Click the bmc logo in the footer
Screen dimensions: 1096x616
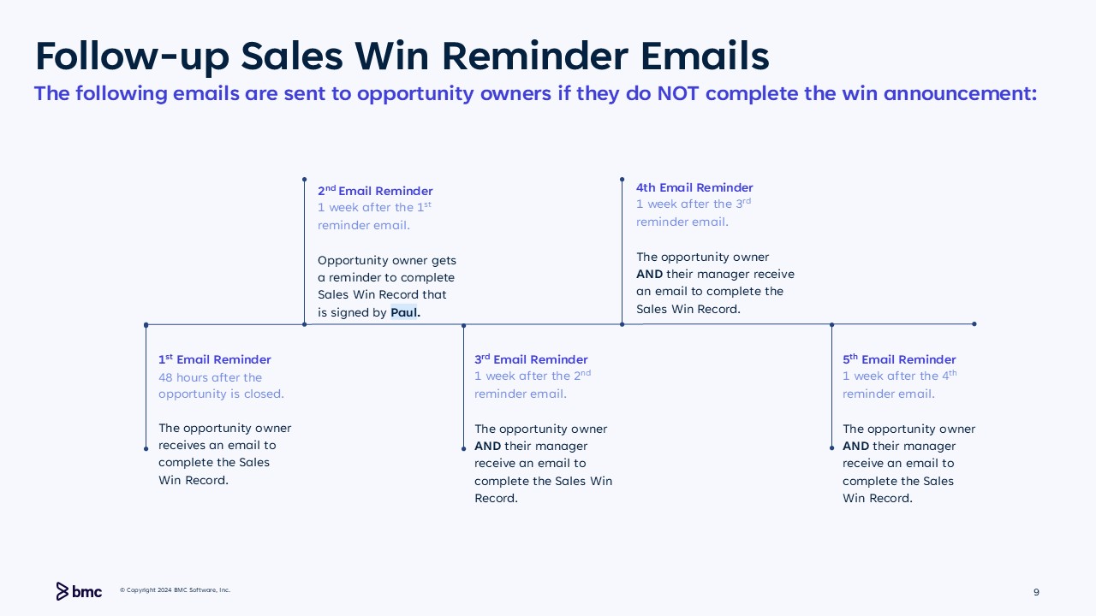pos(79,591)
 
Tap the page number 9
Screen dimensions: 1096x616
pos(1036,592)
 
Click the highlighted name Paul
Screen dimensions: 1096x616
pos(405,312)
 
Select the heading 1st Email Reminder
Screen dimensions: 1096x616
pos(214,359)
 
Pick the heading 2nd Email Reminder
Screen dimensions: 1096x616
pos(375,190)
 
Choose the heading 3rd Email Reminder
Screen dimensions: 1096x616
pos(531,359)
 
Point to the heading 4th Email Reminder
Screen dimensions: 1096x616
pos(694,187)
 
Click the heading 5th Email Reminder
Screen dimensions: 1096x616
pos(899,359)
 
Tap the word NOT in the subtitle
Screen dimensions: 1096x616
pos(677,93)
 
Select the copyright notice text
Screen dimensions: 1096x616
pos(176,590)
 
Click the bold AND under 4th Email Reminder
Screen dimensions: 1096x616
pos(649,275)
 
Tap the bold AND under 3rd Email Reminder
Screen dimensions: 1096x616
pos(487,447)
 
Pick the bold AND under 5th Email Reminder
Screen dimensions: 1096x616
pos(855,447)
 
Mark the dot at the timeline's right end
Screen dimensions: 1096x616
pos(974,323)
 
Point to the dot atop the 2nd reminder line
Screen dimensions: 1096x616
pos(304,180)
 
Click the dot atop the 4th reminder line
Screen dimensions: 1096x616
pos(622,180)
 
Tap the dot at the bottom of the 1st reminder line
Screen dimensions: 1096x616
pos(146,449)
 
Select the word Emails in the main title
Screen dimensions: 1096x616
pos(705,56)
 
